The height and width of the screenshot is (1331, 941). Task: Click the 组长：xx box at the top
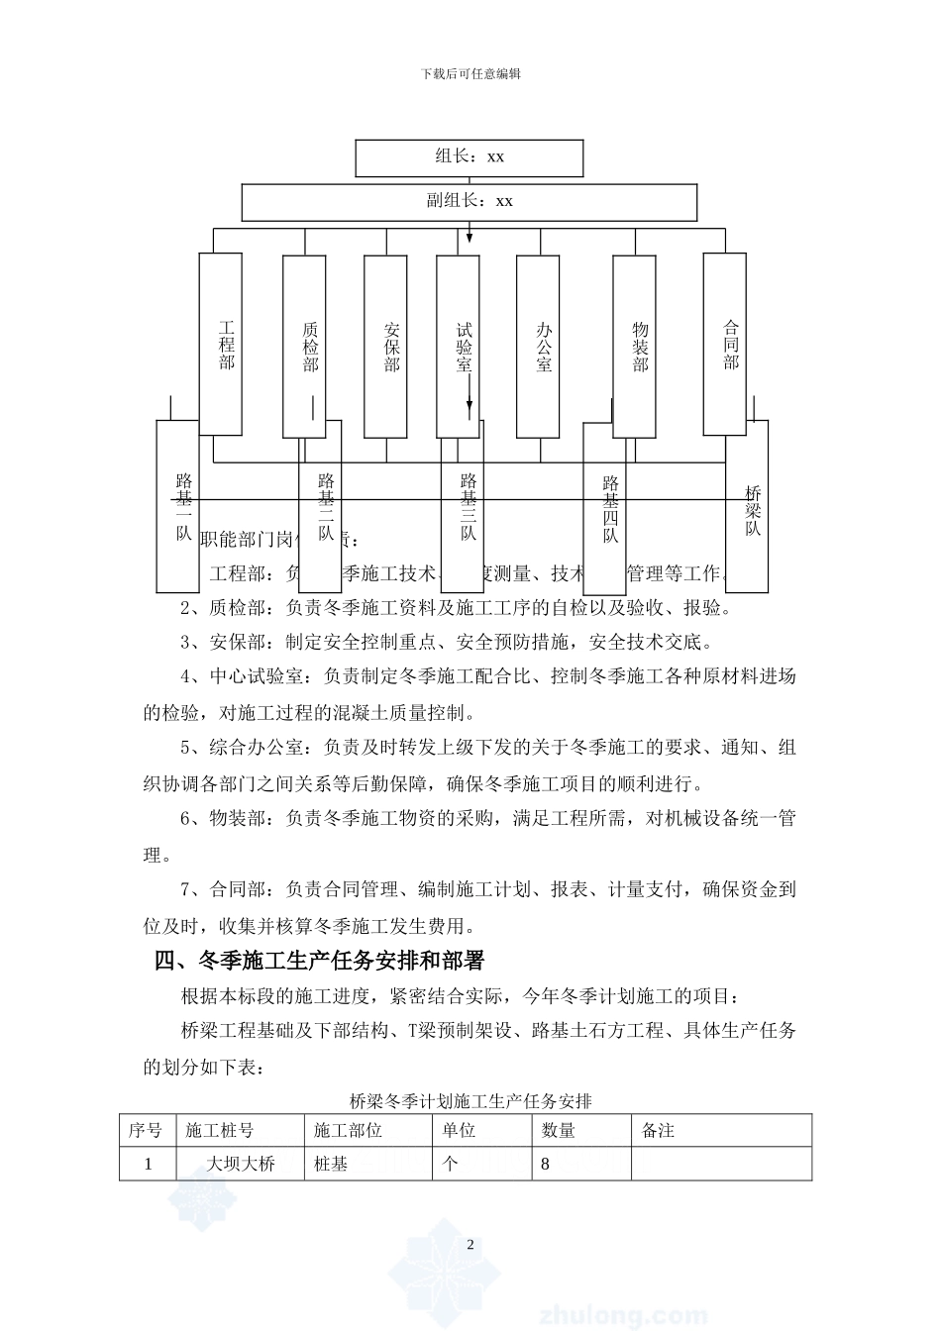[x=469, y=157]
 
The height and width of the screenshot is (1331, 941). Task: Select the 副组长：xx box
[x=469, y=202]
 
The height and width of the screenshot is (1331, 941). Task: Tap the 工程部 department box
[x=221, y=344]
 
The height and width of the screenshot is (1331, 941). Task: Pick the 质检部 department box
[x=304, y=346]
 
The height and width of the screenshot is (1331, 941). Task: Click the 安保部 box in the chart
[x=385, y=346]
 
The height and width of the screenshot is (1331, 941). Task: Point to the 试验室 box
[x=459, y=346]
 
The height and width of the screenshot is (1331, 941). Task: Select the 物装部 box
[x=634, y=346]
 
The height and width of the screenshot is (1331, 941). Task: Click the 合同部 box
[x=724, y=344]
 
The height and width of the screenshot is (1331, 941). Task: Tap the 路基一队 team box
[x=178, y=505]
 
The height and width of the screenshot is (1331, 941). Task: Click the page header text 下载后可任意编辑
[x=470, y=73]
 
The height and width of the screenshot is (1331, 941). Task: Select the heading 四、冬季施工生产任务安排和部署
[x=319, y=961]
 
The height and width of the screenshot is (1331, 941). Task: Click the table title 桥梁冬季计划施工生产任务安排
[x=470, y=1100]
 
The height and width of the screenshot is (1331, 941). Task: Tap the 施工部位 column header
[x=348, y=1130]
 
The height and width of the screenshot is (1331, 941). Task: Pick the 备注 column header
[x=659, y=1130]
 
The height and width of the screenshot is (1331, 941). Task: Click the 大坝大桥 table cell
[x=241, y=1164]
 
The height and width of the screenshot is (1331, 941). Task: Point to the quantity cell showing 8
[x=546, y=1164]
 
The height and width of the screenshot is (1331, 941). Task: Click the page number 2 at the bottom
[x=470, y=1245]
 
